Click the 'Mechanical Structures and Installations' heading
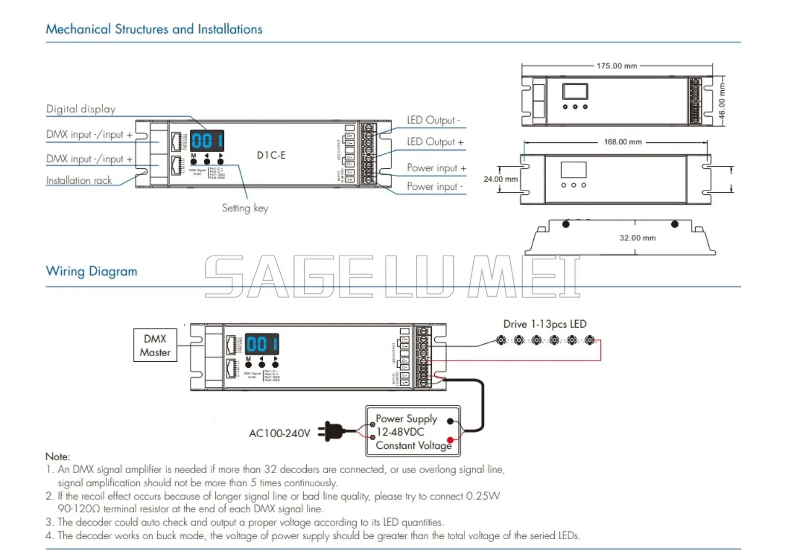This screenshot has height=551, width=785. click(154, 29)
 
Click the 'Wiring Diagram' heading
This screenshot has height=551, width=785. click(91, 271)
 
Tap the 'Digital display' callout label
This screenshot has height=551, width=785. click(81, 109)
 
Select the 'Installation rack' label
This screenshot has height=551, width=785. click(79, 181)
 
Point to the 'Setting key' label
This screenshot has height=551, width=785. click(244, 208)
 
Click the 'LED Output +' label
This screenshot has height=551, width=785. click(435, 142)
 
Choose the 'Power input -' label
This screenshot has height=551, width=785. click(434, 187)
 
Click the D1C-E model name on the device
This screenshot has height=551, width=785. click(271, 155)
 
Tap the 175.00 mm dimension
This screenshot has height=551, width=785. click(617, 66)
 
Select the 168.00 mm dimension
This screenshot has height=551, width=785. click(623, 142)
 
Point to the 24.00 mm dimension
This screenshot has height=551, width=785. click(500, 179)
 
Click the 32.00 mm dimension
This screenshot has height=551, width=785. click(637, 238)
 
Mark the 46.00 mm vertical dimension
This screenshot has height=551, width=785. click(722, 101)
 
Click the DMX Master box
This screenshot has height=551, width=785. click(155, 345)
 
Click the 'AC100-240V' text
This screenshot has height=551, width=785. click(279, 434)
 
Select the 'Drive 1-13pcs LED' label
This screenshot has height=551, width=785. click(545, 324)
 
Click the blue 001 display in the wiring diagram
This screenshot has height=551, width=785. click(262, 344)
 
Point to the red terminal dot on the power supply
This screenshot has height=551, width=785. click(450, 440)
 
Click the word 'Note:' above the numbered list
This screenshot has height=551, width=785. click(58, 457)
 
